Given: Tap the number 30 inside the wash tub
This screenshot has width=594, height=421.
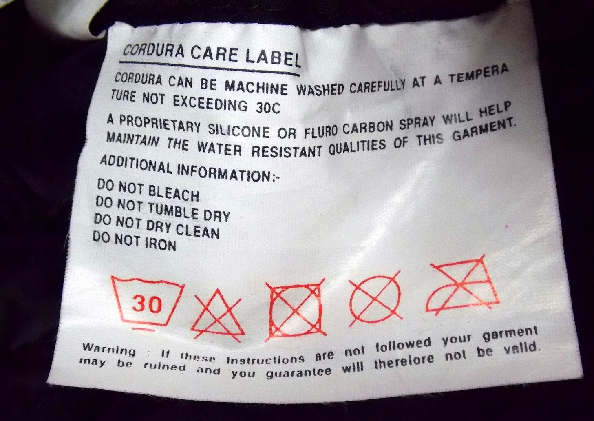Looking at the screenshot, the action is coord(147,304).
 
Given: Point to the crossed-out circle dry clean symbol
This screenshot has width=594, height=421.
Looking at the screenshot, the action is coord(375,299).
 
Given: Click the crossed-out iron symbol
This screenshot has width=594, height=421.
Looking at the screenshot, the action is coord(463,286).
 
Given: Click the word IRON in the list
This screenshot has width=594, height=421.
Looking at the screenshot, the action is coord(160,245).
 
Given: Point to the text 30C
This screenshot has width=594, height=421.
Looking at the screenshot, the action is coord(268,108).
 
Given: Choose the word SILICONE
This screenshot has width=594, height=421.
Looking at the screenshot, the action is coord(238,130).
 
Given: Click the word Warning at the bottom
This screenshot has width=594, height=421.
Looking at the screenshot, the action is coord(109,349).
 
